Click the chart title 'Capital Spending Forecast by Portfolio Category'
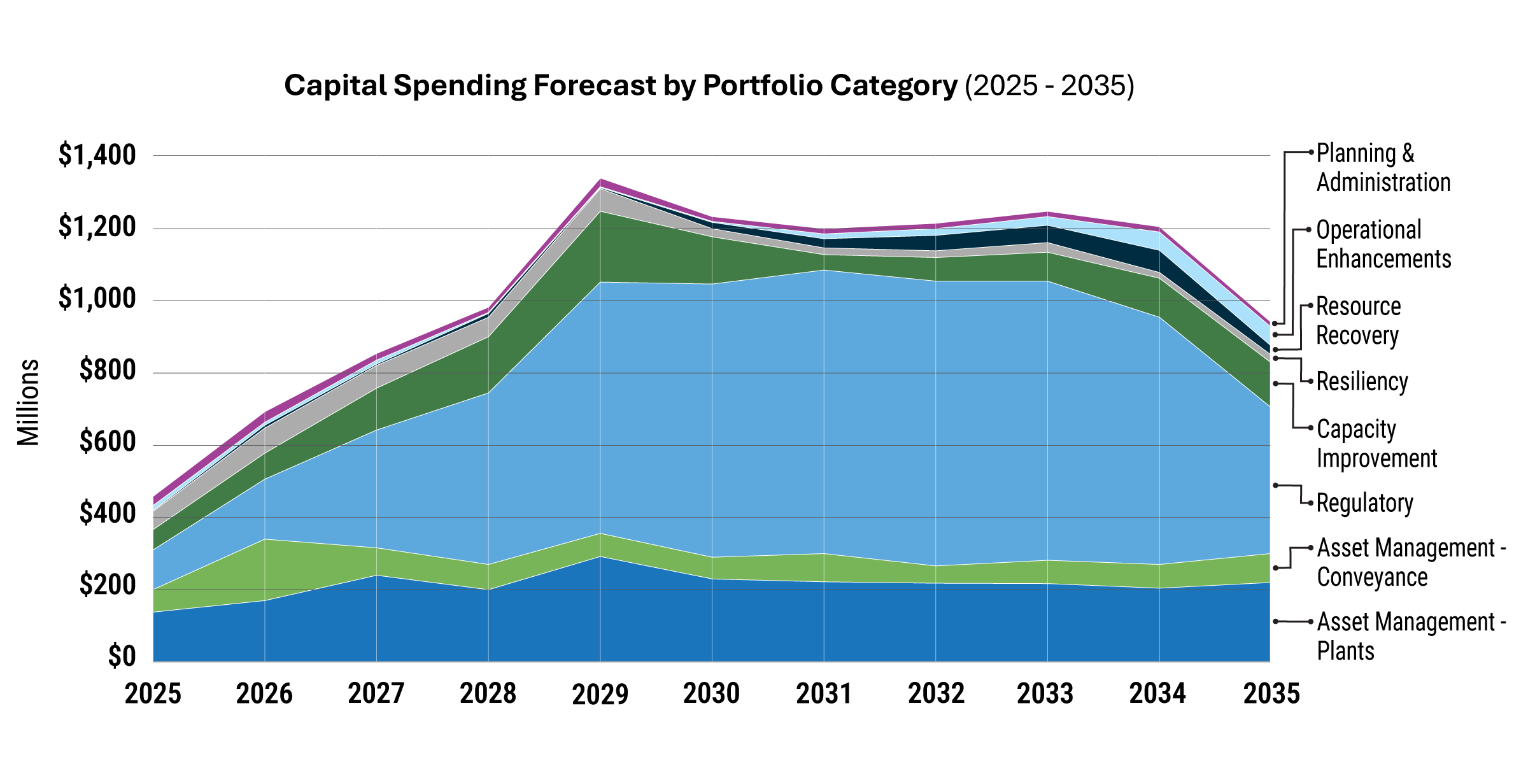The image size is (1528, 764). click(x=620, y=85)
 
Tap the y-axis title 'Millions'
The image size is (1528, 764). click(x=29, y=402)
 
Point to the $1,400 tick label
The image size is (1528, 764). click(x=97, y=155)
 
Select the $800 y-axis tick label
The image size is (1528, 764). click(x=107, y=370)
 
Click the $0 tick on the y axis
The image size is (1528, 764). click(x=122, y=656)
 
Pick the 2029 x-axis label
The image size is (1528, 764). click(x=600, y=694)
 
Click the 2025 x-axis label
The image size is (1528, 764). click(x=153, y=694)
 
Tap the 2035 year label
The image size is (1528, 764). click(x=1271, y=694)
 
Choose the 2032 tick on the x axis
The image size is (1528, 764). click(x=936, y=694)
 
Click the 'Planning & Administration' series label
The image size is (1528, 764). click(x=1383, y=168)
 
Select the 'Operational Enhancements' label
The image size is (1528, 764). click(x=1383, y=244)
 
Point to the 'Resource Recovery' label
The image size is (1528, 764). click(x=1358, y=321)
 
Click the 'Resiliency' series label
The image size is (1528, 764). click(x=1362, y=381)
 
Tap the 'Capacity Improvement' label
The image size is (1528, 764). click(x=1376, y=444)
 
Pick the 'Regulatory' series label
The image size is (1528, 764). click(x=1364, y=503)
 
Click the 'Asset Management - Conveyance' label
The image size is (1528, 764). click(x=1410, y=562)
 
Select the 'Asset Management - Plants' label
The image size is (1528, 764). click(x=1410, y=636)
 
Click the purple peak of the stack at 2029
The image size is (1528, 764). click(x=600, y=183)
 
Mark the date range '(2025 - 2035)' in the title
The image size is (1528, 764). click(x=1049, y=85)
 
